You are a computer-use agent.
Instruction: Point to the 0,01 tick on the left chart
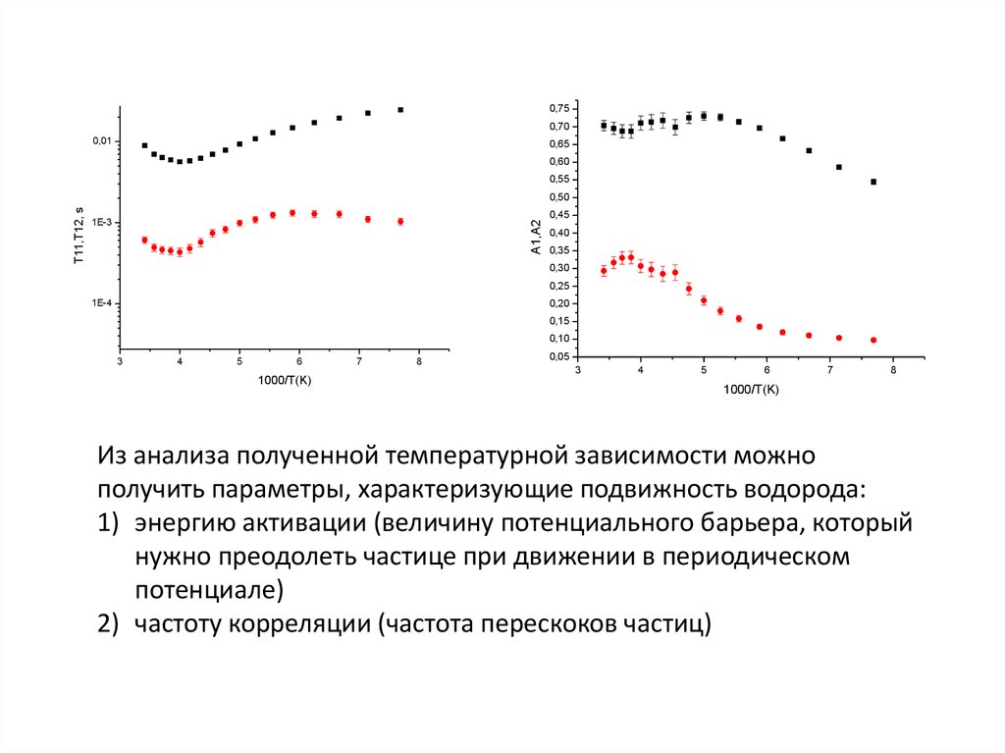[x=102, y=141]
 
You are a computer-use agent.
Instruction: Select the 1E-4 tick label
[x=101, y=304]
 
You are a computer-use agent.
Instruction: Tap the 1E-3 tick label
[x=101, y=223]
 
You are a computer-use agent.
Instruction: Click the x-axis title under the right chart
[x=751, y=389]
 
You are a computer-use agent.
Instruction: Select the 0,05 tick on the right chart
[x=558, y=357]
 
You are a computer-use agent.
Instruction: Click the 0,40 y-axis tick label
[x=558, y=233]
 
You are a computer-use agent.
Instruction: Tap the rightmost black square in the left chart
[x=400, y=110]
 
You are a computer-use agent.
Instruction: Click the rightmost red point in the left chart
[x=400, y=222]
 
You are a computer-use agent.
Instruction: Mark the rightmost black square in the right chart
[x=873, y=182]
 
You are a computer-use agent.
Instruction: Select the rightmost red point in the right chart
[x=873, y=340]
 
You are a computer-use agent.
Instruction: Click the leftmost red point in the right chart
[x=604, y=271]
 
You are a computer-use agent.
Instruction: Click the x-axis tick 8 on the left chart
[x=419, y=362]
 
